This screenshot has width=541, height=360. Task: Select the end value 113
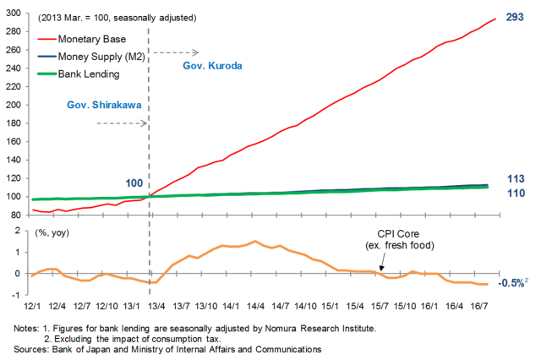click(516, 178)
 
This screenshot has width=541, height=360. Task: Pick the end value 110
click(516, 194)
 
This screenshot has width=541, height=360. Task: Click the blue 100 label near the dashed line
click(134, 182)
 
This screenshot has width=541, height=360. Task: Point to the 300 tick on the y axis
click(16, 13)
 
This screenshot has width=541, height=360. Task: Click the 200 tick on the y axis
click(16, 105)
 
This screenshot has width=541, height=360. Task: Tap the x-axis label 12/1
click(33, 304)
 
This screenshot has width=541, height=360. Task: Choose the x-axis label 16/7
click(478, 304)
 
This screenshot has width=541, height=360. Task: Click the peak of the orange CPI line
click(254, 241)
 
